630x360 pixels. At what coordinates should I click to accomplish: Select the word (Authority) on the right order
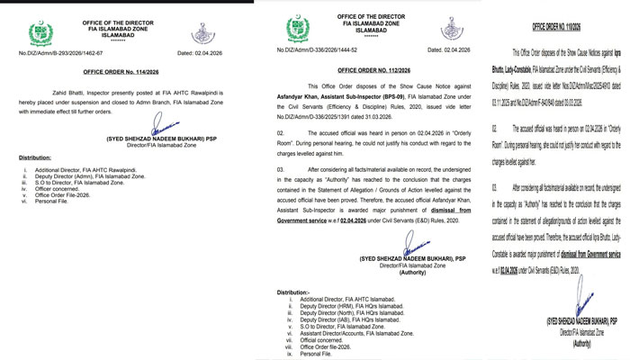pos(580,343)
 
